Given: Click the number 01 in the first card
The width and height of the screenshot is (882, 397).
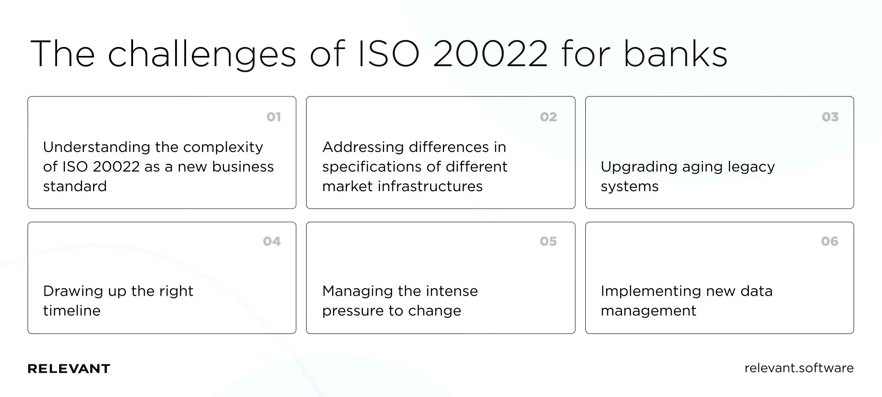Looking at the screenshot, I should (273, 117).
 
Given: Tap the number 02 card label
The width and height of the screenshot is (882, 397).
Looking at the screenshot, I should (548, 117).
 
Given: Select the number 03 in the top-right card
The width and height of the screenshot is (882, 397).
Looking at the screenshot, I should (830, 117).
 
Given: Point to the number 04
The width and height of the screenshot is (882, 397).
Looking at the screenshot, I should (272, 241).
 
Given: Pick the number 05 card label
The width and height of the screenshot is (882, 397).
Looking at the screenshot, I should (548, 241).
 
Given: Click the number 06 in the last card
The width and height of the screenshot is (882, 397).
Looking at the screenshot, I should (829, 241).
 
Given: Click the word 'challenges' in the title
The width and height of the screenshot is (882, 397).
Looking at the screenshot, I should (202, 55).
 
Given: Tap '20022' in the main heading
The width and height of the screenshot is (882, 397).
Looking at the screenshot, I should (490, 54).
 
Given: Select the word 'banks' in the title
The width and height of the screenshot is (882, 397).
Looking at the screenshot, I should (675, 54).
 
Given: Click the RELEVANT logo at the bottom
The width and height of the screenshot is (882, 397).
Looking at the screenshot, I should (69, 369).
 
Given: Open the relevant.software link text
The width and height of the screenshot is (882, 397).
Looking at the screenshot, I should (799, 368).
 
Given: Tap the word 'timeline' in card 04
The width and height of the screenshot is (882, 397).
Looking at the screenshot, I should (72, 311).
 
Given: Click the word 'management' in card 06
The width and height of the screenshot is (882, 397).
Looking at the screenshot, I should (648, 311).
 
